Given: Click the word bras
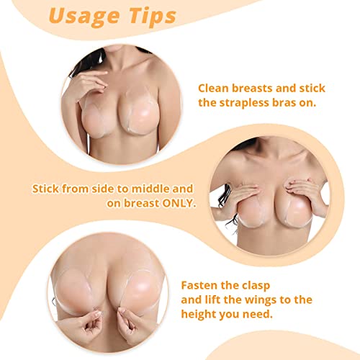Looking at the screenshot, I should coord(298,103).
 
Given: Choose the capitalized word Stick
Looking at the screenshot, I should coord(48,189).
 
